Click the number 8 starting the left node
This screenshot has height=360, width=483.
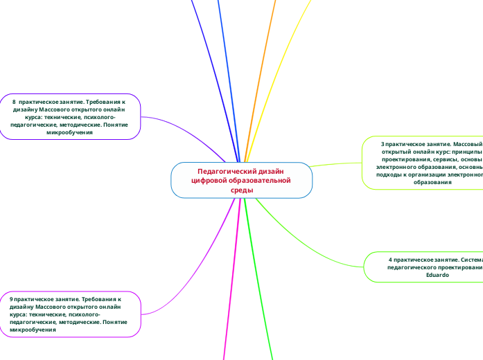coord(14,102)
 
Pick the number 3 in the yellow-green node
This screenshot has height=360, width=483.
coord(382,143)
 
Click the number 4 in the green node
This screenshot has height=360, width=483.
coord(391,260)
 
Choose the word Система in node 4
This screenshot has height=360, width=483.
coord(469,260)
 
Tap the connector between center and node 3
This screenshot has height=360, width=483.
coord(336,163)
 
